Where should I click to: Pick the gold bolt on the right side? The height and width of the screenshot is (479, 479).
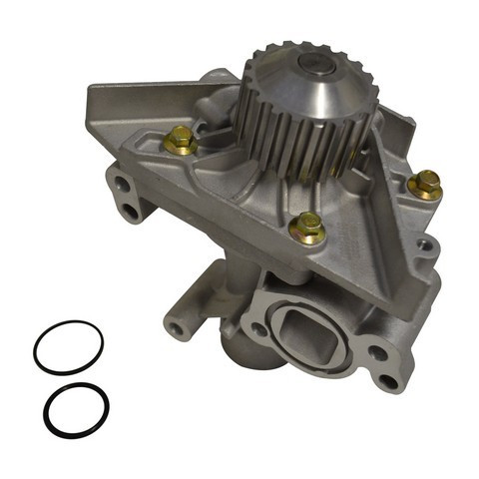[x=426, y=184]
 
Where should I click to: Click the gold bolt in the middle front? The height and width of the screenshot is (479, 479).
[x=306, y=229]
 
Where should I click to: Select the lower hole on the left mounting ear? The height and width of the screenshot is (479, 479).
[x=131, y=212]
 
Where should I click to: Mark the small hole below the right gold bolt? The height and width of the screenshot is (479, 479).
[x=426, y=242]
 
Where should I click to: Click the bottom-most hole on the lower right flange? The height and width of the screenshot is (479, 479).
[x=386, y=380]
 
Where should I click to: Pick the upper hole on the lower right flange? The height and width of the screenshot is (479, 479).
[x=379, y=351]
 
